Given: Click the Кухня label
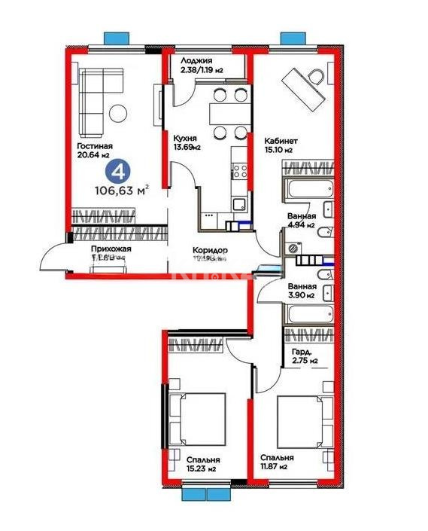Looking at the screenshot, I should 185,139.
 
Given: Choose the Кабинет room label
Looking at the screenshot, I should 281,140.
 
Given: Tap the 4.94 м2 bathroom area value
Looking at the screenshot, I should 301,224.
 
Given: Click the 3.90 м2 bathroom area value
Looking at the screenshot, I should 301,296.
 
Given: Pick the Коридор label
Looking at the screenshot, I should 210,250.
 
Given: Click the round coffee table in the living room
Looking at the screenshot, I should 119,113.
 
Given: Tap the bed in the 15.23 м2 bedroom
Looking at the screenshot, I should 197,420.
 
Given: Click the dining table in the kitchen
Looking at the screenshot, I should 227,114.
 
